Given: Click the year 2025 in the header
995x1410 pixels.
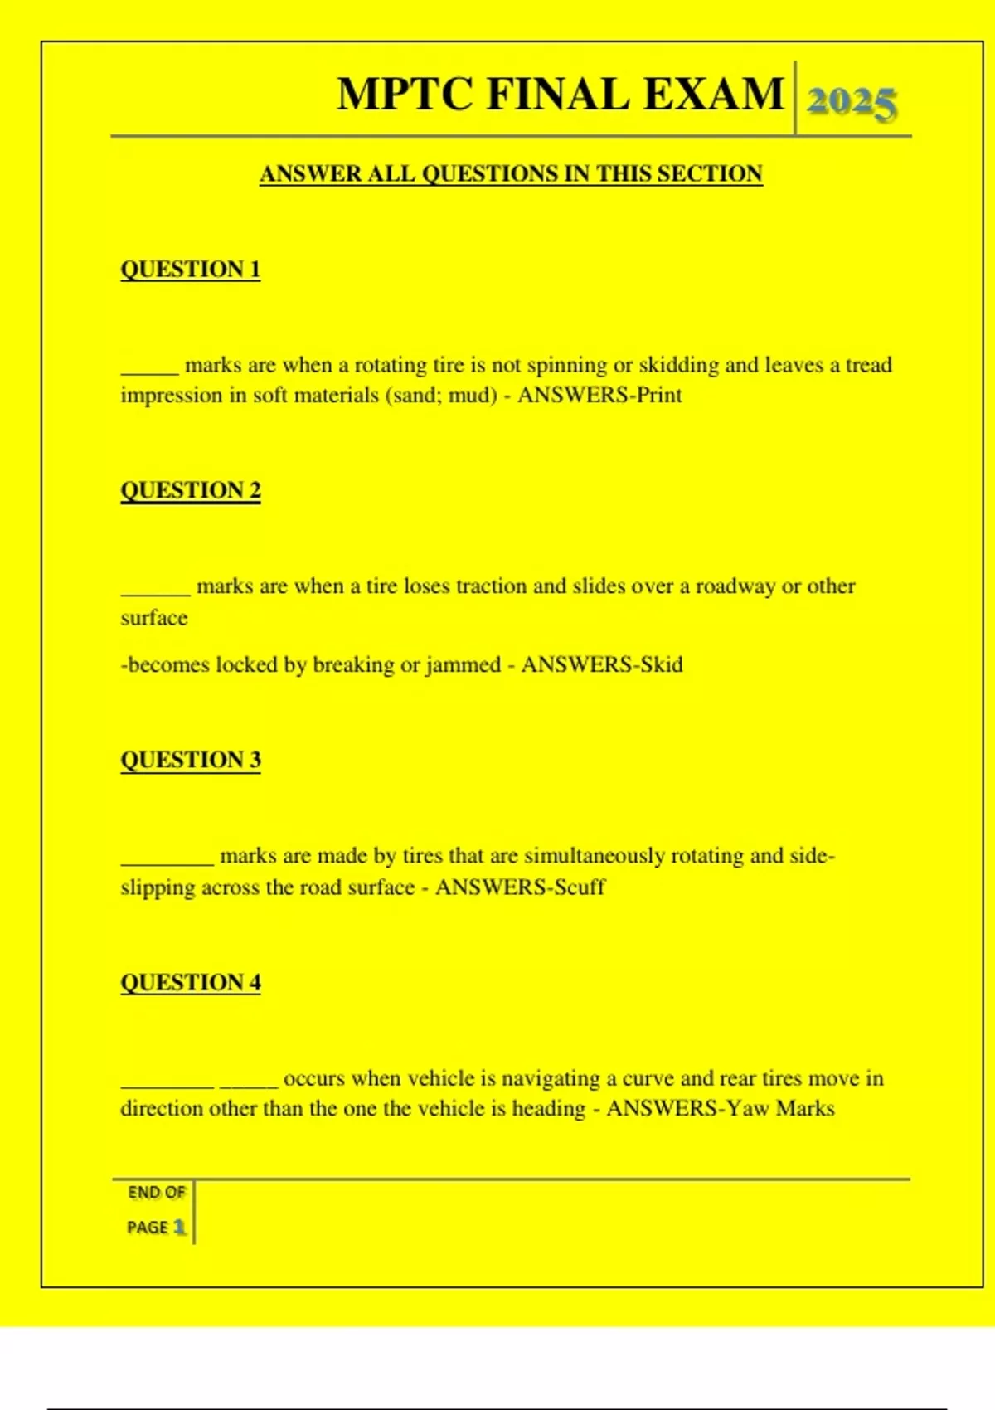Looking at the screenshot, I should click(852, 103).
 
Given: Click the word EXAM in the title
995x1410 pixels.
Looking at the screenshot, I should click(713, 94).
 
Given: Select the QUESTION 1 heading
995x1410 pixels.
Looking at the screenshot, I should click(191, 270).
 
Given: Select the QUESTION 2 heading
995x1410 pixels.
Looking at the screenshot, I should click(191, 490).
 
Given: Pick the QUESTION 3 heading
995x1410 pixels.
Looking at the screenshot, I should click(191, 760).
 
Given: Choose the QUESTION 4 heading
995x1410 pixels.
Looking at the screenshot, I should click(191, 982).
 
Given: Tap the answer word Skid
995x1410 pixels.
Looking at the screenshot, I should click(662, 664).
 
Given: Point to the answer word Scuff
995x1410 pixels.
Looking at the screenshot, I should click(580, 887).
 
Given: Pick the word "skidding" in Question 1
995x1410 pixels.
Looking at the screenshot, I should click(678, 366).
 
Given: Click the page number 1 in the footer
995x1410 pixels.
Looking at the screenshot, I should click(179, 1227).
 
